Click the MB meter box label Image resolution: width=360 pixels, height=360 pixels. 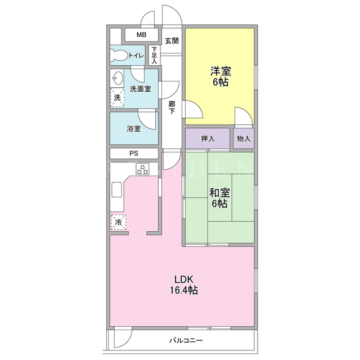point(141,35)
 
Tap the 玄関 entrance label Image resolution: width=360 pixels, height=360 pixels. point(172,41)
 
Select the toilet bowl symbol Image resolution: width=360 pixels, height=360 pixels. point(119,55)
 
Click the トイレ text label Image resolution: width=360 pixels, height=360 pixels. point(137,55)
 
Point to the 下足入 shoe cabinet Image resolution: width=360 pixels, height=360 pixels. point(154,55)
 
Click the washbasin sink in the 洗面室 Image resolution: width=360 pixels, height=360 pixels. point(116,78)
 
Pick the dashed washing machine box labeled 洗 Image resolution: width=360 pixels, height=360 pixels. point(118,97)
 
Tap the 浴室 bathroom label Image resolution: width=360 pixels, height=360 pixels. point(134,129)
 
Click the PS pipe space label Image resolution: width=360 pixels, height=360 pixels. point(134,154)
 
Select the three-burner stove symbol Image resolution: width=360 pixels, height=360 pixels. point(142,169)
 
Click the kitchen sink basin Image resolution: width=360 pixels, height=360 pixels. point(117,190)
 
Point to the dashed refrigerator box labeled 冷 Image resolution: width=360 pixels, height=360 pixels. point(118,222)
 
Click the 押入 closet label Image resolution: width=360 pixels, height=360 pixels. point(208,139)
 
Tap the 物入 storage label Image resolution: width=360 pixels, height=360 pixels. point(244,139)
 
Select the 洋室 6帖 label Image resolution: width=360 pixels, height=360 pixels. point(220,76)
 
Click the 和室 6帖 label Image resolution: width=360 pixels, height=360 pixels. point(219,198)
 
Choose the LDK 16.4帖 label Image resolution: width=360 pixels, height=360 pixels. point(184,285)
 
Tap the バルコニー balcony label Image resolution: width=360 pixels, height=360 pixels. point(186,340)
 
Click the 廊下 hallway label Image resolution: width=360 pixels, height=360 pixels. point(172,107)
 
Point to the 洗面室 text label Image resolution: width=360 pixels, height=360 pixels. point(140,89)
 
